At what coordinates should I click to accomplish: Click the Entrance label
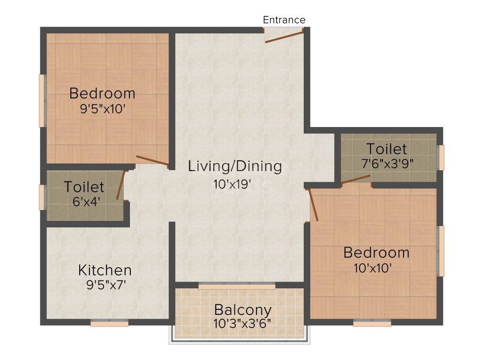pos(284,20)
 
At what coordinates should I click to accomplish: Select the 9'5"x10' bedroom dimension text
pos(102,109)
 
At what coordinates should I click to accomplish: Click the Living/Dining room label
pos(235,166)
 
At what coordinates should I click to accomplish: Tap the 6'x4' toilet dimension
pos(84,202)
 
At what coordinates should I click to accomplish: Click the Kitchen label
pos(105,270)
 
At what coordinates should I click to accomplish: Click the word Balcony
pos(242,310)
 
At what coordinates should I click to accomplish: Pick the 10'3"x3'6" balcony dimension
pos(242,323)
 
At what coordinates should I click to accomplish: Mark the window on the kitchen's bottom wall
pos(109,323)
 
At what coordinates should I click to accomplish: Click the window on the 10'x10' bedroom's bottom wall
pos(372,323)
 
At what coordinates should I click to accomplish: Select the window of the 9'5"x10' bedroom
pos(42,100)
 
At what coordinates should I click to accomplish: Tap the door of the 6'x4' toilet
pos(120,185)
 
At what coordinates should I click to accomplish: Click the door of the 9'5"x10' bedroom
pos(152,160)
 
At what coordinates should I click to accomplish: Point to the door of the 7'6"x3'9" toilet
pos(355,179)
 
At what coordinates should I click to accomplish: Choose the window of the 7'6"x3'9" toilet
pos(441,157)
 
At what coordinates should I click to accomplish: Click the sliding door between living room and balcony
pos(237,285)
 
